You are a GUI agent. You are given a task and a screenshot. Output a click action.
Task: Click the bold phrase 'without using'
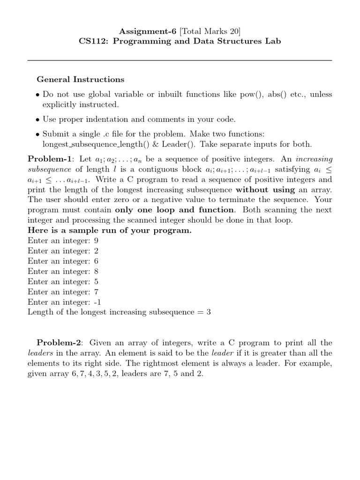[x=265, y=189]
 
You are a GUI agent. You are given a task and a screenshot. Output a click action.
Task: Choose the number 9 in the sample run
[x=96, y=241]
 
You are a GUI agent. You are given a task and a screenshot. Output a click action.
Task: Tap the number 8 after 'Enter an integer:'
[x=96, y=271]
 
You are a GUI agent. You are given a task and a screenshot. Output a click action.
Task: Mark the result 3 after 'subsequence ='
[x=209, y=312]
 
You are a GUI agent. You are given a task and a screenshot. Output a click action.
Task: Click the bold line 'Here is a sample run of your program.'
[x=110, y=231]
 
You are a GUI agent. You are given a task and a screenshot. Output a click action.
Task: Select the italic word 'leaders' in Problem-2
[x=40, y=353]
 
